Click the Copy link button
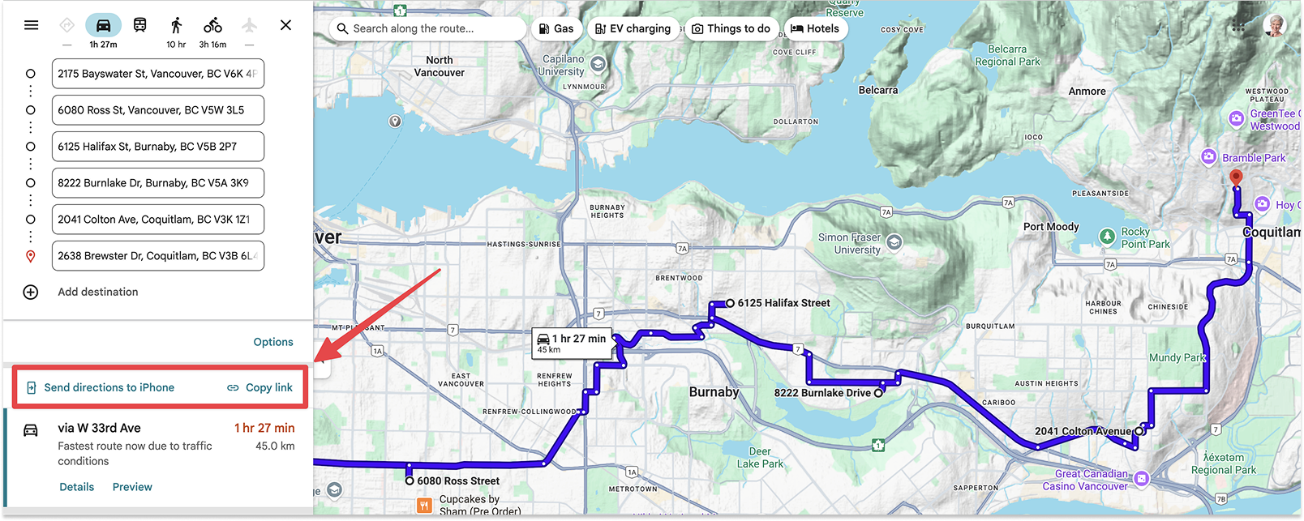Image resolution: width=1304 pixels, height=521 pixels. tap(260, 387)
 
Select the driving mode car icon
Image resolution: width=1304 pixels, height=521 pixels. tap(103, 26)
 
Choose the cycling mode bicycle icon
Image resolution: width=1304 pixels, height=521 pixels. tap(212, 26)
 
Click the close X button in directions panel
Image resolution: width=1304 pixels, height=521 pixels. tap(285, 25)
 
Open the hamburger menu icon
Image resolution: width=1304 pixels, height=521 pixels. tap(32, 25)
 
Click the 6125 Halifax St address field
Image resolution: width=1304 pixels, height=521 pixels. tap(157, 147)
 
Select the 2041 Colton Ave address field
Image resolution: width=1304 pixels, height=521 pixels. tap(157, 220)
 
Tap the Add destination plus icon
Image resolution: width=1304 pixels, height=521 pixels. tap(31, 292)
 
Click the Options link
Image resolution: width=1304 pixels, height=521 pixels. tap(273, 342)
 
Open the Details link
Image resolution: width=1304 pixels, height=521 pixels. tap(77, 487)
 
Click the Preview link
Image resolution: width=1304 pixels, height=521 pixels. tap(132, 487)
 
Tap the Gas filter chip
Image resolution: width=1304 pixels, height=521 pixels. tap(556, 29)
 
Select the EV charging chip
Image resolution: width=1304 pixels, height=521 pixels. tap(633, 29)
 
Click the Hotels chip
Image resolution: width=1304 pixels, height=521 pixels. tap(815, 29)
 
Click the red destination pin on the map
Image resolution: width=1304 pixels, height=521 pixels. tap(1236, 177)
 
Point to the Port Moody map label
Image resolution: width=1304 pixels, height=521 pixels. tap(1051, 227)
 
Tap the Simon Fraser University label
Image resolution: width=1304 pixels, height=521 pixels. tap(850, 244)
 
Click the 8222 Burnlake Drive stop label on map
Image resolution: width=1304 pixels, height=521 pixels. tap(822, 393)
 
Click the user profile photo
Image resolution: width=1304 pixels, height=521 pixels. tap(1275, 25)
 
